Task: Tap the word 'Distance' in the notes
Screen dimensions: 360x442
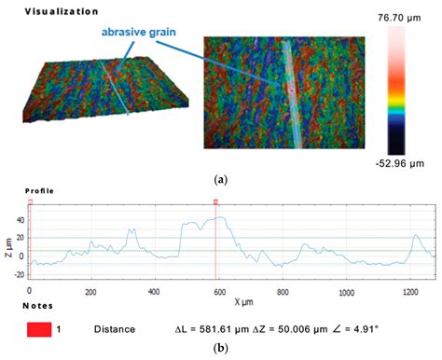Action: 115,329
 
